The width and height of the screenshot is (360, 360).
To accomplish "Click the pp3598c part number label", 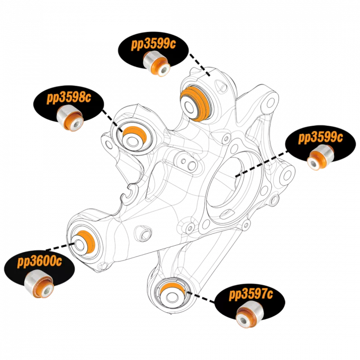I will (68, 98).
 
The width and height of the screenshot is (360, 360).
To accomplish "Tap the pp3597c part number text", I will (251, 295).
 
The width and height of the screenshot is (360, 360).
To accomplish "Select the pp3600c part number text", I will (39, 261).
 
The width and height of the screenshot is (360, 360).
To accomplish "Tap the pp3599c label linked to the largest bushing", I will (154, 44).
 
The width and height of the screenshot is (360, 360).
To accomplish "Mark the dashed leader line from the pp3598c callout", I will (111, 119).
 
